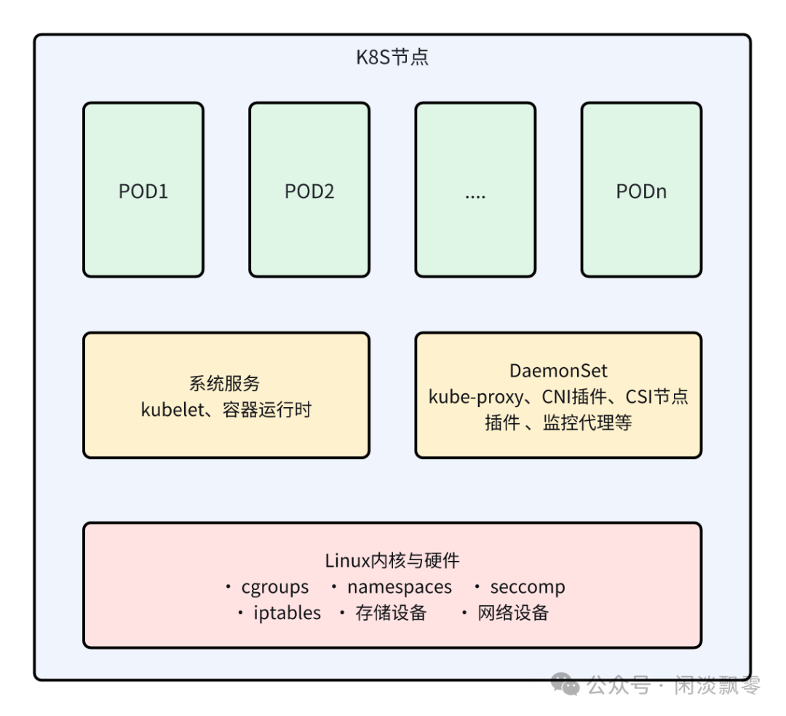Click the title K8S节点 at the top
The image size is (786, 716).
coord(392,58)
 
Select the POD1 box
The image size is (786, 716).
coord(143,191)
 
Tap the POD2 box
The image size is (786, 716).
coord(309,191)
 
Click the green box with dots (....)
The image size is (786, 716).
coord(475,191)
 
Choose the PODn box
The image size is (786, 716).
coord(641,191)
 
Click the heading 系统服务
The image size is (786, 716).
coord(225,384)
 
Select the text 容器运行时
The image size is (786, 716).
coord(267,409)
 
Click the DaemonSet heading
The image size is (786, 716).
coord(558,371)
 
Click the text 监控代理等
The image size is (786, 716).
coord(587,422)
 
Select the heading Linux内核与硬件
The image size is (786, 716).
coord(392,561)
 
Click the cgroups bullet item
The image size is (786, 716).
coord(274,587)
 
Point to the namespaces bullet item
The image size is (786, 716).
coord(399,587)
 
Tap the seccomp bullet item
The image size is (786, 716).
coord(527,587)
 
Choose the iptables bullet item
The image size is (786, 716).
coord(287,613)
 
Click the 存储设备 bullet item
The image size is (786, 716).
coord(391,613)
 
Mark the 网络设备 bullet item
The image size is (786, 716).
coord(513,613)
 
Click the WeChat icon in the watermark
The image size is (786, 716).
coord(565,685)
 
